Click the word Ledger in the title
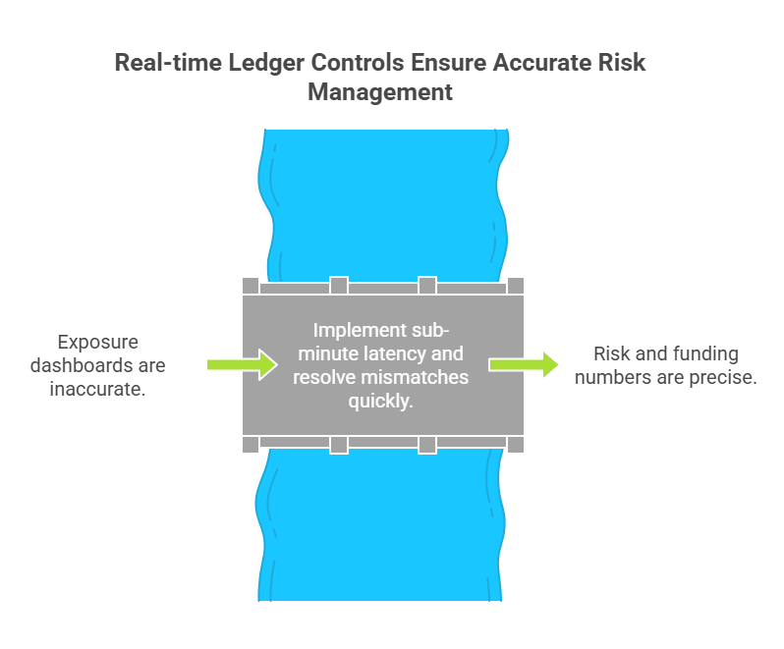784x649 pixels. (x=266, y=64)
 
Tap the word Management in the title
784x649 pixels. (x=380, y=92)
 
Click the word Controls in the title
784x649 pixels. (x=358, y=63)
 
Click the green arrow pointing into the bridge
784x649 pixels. (x=242, y=364)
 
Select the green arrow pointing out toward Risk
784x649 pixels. (x=524, y=364)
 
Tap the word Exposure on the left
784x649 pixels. (x=98, y=343)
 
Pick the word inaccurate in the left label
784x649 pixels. (x=97, y=389)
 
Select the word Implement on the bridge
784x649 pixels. (x=360, y=331)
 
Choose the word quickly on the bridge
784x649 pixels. (x=380, y=402)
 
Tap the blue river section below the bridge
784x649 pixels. (x=380, y=524)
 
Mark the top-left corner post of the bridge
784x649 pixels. (x=251, y=286)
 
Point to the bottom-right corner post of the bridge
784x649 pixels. (x=516, y=444)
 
